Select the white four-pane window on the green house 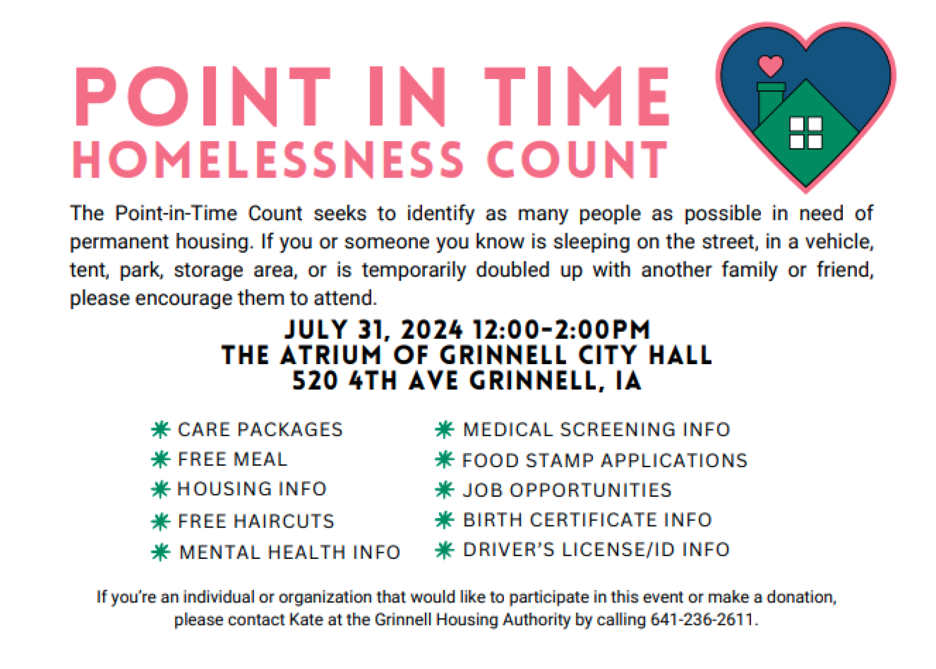tap(806, 133)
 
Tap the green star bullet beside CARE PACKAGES tap(161, 429)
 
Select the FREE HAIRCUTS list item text tap(256, 521)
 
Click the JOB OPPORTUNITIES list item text tap(567, 490)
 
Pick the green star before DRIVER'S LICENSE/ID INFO tap(445, 550)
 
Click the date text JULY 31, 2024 tap(373, 330)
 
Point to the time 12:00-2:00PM tap(562, 330)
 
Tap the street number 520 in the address tap(315, 380)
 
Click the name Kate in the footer tap(306, 619)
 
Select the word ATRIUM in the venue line tap(331, 355)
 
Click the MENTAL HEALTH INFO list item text tap(290, 552)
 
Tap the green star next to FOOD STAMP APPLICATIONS tap(445, 460)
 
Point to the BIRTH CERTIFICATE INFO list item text tap(587, 520)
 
